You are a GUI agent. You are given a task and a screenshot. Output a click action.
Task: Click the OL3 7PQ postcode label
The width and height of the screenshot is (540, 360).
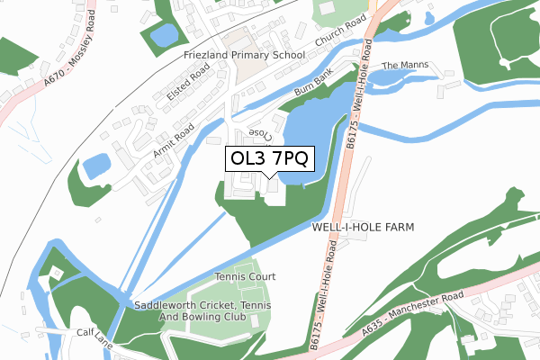pos(270,159)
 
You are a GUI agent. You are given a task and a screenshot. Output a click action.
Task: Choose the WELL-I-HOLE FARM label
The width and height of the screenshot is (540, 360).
pos(363,228)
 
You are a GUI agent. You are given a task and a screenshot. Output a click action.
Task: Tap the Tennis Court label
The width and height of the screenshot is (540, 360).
pos(245,276)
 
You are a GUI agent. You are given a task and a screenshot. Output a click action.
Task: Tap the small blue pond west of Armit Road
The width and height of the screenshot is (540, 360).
pos(95,166)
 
